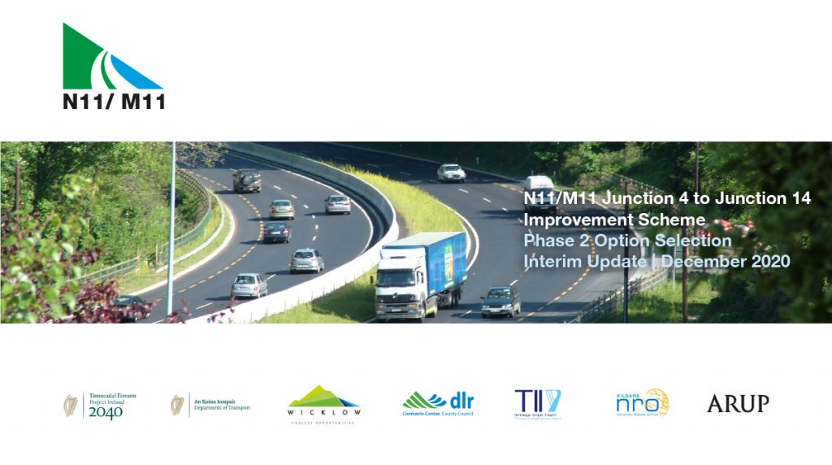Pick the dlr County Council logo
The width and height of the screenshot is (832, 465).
pyautogui.click(x=438, y=402)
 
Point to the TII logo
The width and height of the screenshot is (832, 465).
pyautogui.click(x=538, y=403)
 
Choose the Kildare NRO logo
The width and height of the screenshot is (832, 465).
pyautogui.click(x=642, y=402)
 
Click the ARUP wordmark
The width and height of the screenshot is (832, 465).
pyautogui.click(x=738, y=403)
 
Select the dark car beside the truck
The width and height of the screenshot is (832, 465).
pyautogui.click(x=500, y=302)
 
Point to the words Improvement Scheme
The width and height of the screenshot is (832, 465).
pyautogui.click(x=614, y=220)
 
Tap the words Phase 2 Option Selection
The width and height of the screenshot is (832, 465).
pyautogui.click(x=627, y=241)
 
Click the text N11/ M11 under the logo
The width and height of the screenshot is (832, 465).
pyautogui.click(x=114, y=102)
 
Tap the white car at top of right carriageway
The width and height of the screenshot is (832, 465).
pyautogui.click(x=451, y=172)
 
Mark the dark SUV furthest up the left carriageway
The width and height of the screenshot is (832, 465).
pyautogui.click(x=247, y=180)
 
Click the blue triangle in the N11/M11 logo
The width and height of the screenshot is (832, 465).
pyautogui.click(x=135, y=75)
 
